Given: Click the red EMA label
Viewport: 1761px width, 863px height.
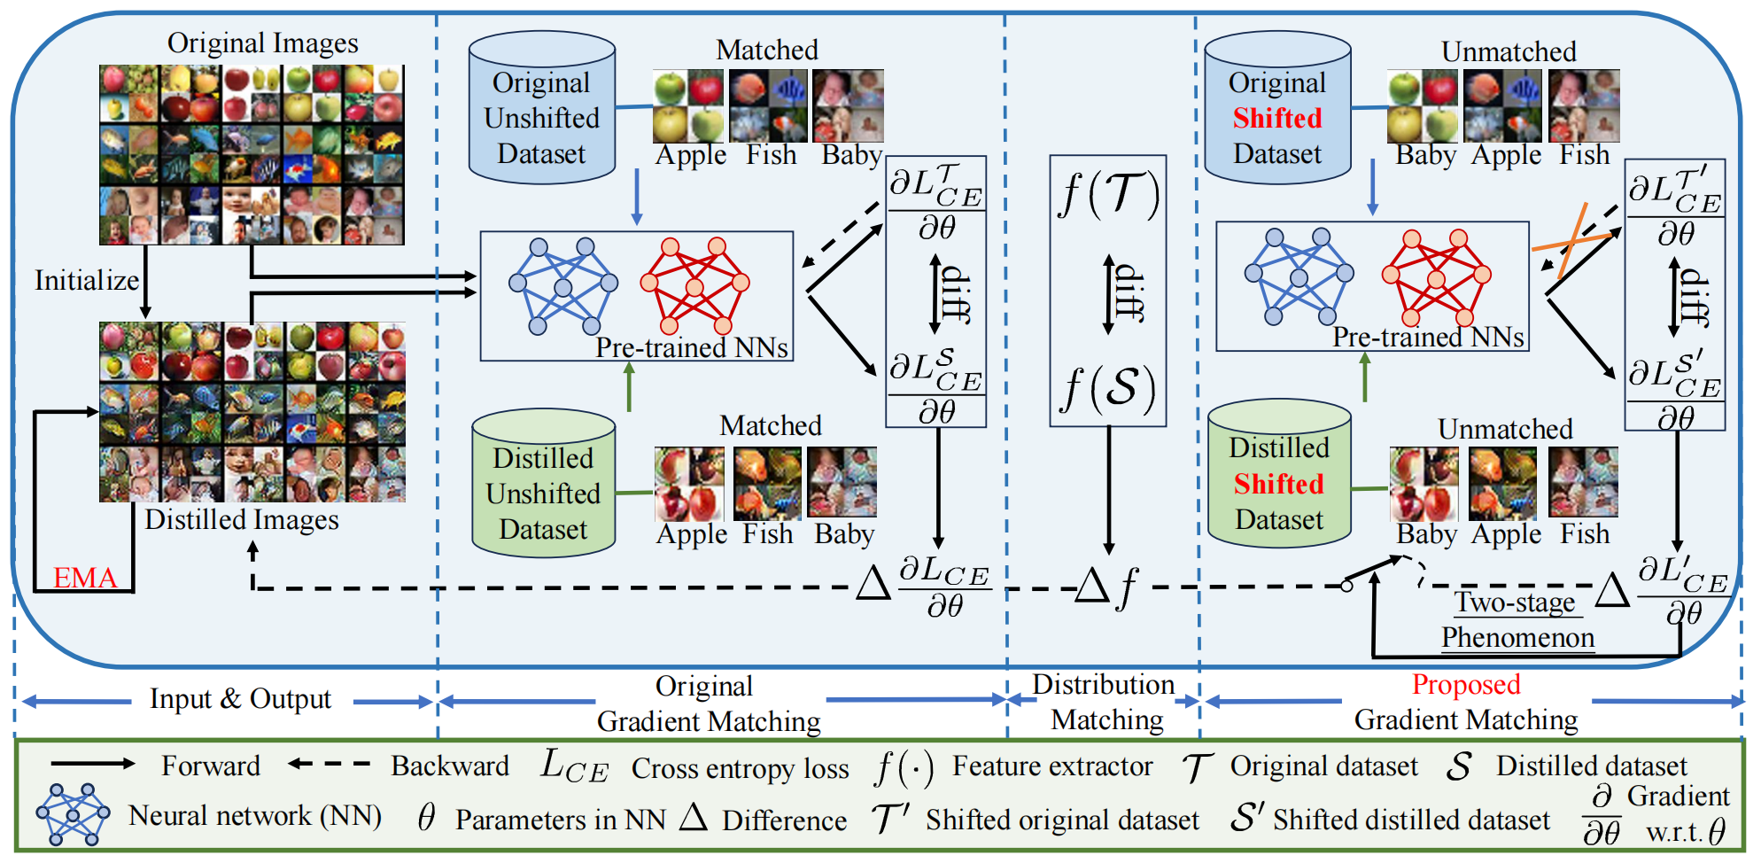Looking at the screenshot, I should pos(85,578).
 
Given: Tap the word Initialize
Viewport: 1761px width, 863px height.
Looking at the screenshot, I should pos(87,280).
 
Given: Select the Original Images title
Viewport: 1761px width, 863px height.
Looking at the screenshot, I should pos(262,43).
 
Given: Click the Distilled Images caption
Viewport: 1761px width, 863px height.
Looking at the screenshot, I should pos(242,519).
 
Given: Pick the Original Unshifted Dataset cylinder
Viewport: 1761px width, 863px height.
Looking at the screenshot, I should pos(541,109).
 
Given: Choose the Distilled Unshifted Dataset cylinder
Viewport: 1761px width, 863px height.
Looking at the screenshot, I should pos(543,484).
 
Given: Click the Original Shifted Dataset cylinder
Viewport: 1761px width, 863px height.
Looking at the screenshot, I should pos(1276,109).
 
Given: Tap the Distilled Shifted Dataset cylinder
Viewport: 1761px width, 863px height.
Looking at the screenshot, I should pos(1279,475).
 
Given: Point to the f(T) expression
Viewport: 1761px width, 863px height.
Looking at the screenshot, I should pos(1108,194).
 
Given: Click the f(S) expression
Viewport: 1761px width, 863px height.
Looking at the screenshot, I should pos(1108,388).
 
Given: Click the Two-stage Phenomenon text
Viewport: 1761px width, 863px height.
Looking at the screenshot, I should pos(1517,620).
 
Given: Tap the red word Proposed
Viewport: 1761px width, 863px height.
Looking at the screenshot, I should pos(1466,684).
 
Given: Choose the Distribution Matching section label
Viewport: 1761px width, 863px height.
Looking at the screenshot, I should pos(1105,702).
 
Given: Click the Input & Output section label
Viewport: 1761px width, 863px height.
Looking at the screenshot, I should pos(240,699).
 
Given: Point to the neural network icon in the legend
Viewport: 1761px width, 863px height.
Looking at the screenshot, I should pos(73,813).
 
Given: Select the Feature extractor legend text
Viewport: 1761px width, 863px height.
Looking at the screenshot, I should pos(1052,766).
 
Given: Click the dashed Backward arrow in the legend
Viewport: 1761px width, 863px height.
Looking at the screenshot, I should pos(330,764).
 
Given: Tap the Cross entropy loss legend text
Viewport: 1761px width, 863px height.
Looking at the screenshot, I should pos(740,769).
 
